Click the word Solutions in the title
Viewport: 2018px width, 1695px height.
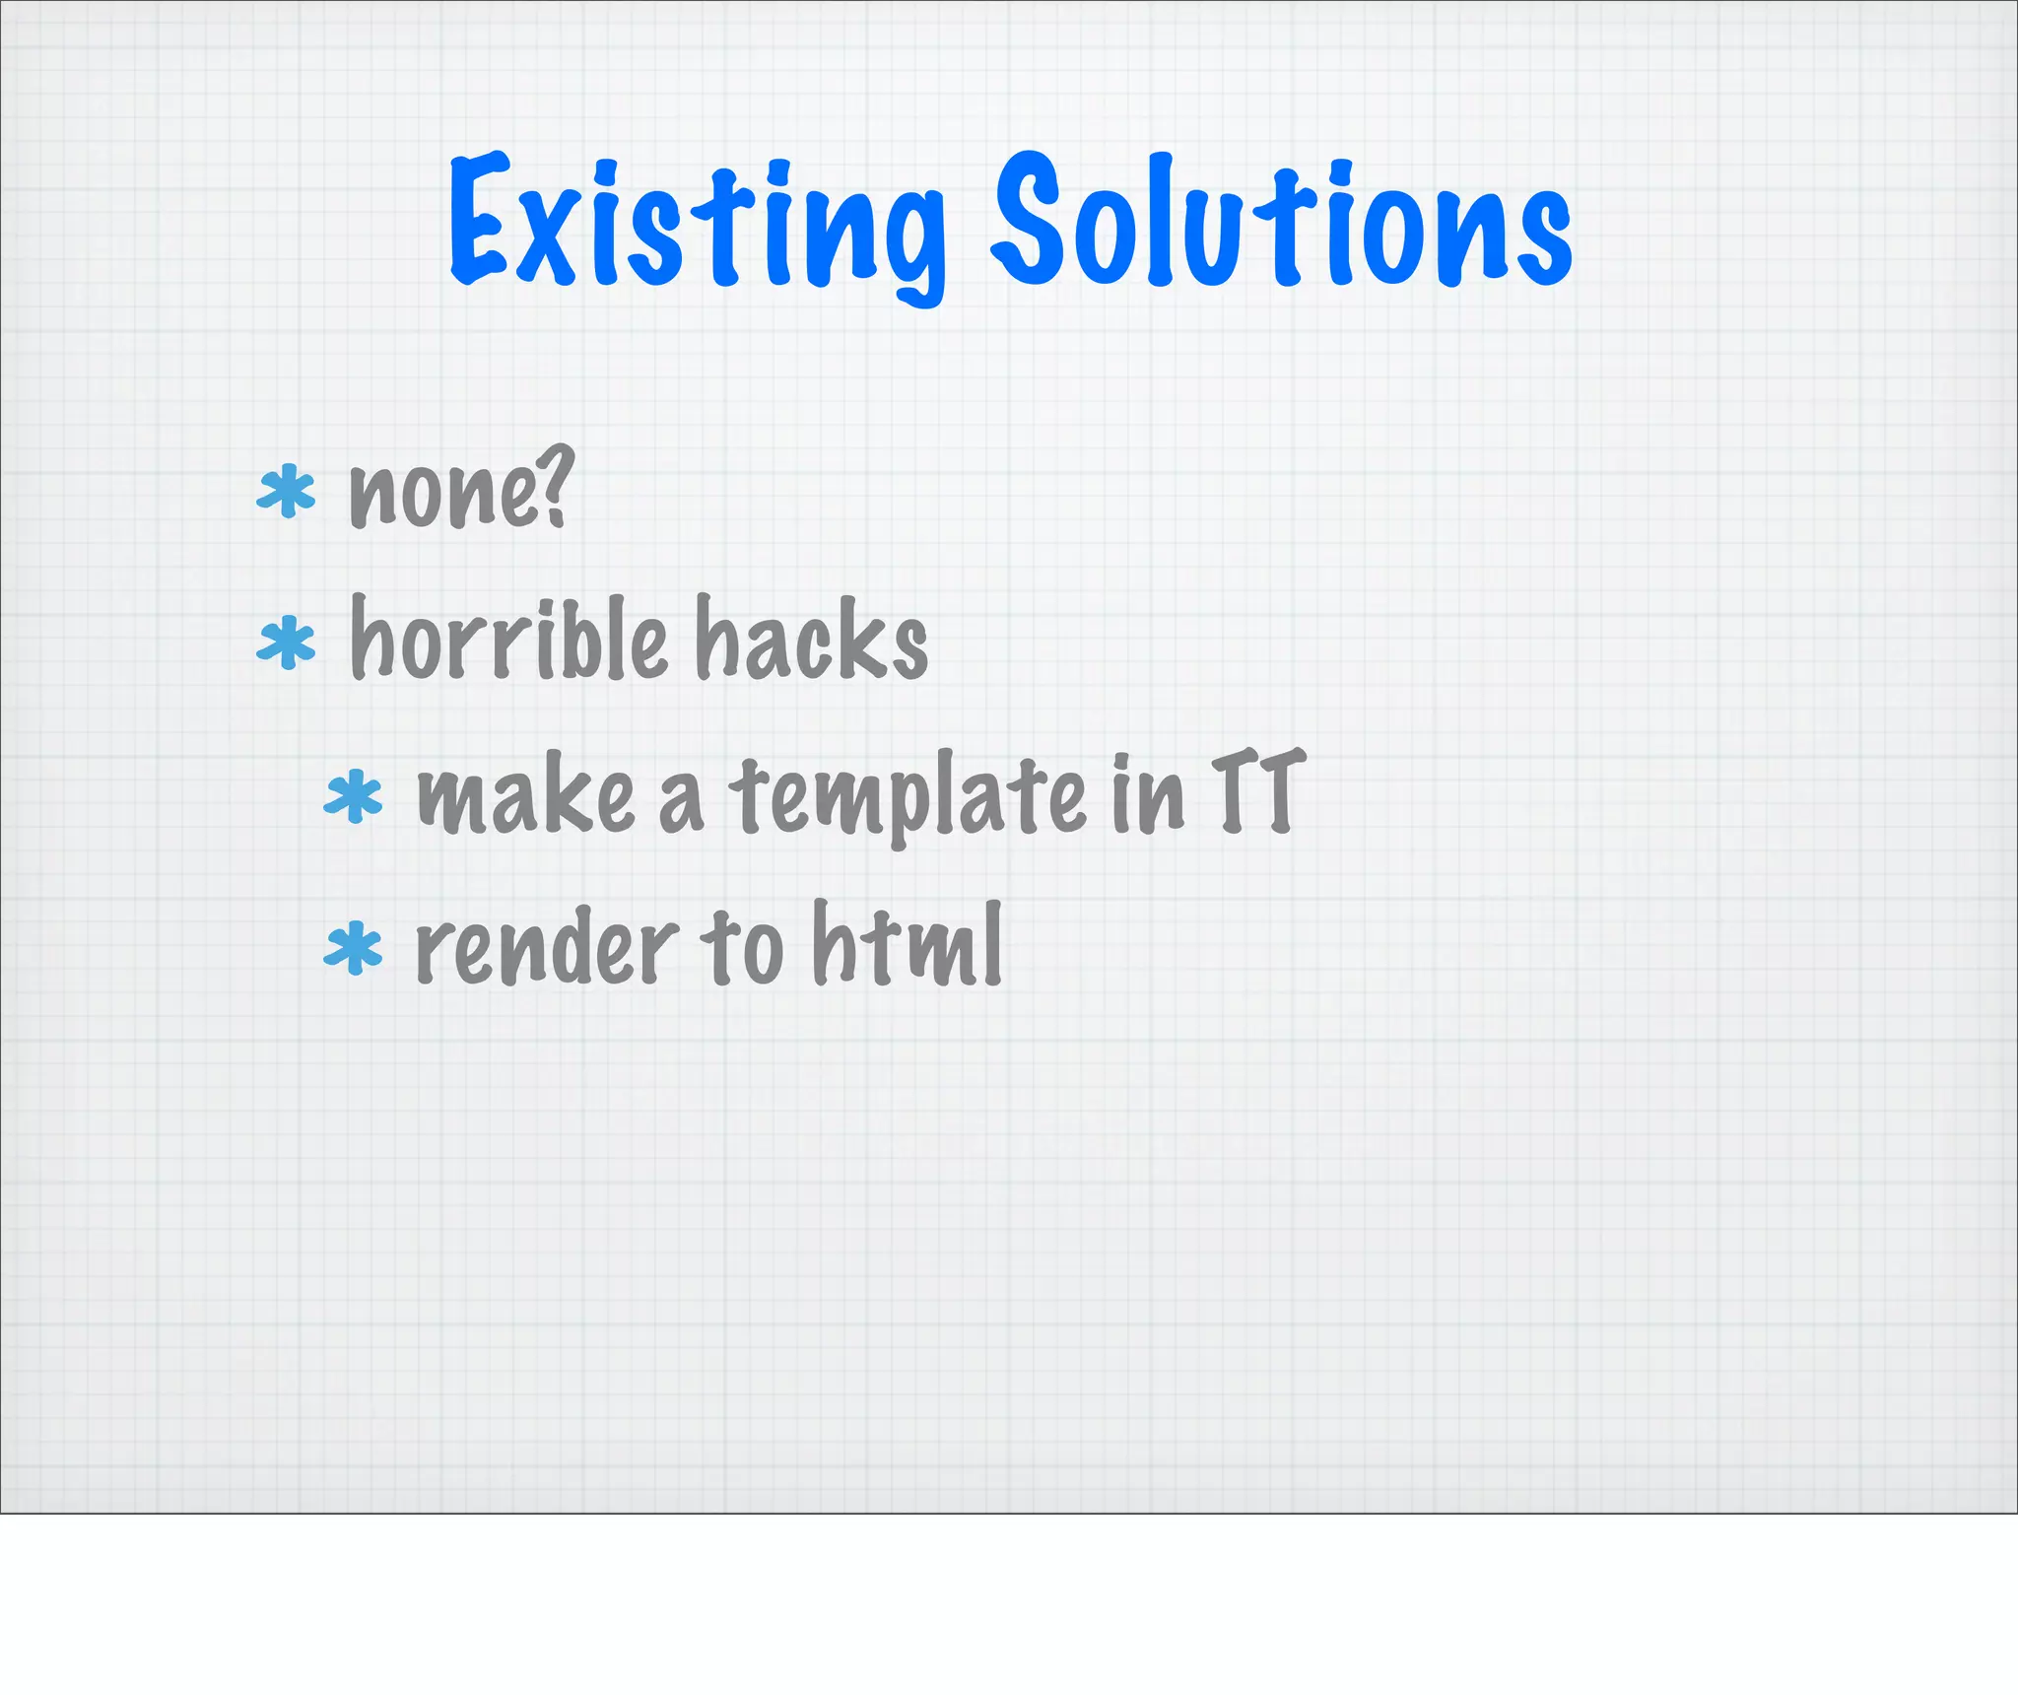1281,222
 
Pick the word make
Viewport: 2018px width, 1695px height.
526,796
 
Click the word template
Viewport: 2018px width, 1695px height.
907,796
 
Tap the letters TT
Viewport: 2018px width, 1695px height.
1257,791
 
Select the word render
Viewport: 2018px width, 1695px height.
547,948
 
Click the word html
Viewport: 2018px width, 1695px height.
907,944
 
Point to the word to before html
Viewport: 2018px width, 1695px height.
742,948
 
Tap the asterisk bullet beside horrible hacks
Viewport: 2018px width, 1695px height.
286,642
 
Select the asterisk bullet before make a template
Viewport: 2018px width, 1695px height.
353,797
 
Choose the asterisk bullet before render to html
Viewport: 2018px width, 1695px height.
353,949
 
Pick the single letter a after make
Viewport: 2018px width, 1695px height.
681,803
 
